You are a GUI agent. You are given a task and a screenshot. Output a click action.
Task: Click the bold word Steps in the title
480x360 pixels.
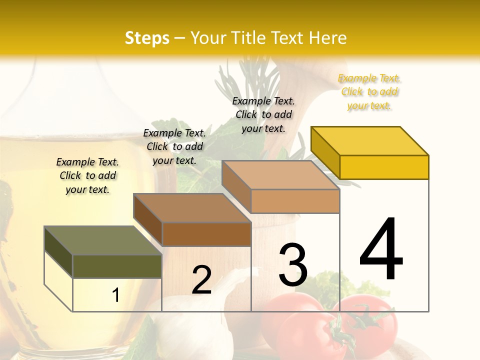coord(147,38)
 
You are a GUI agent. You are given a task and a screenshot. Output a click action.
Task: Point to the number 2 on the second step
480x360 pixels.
coord(201,280)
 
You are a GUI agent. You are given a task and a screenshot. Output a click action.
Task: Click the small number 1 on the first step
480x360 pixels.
coord(115,295)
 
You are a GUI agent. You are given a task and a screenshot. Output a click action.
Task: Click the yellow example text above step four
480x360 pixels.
coord(369,92)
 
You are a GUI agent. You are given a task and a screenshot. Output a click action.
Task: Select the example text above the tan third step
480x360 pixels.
coord(263,114)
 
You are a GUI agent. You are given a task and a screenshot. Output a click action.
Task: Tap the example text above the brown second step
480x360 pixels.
coord(174,146)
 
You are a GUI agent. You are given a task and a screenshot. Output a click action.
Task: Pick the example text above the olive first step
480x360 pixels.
coord(87,175)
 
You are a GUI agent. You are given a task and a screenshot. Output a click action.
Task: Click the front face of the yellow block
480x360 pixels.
coord(384,167)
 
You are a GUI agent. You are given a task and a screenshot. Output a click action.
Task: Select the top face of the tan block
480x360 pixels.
coord(280,175)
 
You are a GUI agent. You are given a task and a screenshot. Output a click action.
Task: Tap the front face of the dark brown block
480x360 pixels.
coord(206,234)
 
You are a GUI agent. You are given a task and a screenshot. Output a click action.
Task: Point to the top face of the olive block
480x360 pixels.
coord(103,240)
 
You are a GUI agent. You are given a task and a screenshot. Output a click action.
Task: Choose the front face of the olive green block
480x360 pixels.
coord(117,266)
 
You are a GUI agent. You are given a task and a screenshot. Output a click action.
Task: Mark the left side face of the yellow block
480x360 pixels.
coord(325,152)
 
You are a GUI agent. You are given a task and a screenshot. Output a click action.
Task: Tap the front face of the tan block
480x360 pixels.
coord(295,201)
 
